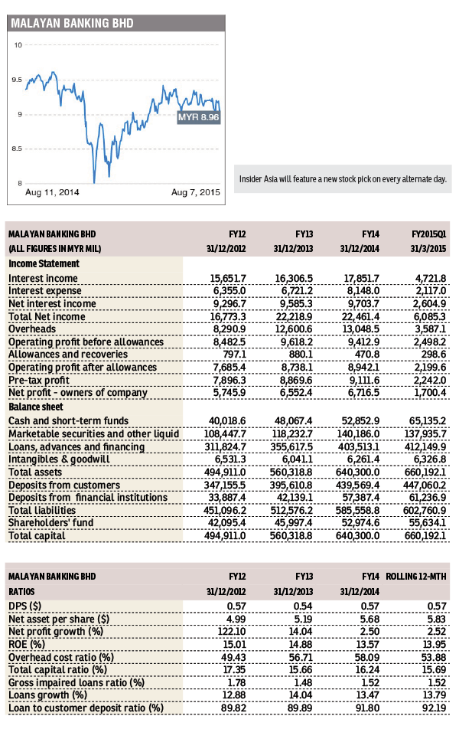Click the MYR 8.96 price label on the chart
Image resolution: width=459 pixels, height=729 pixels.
tap(198, 117)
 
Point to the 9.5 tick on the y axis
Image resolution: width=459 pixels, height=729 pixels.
tap(16, 80)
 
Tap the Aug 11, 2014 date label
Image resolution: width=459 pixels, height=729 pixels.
tap(52, 191)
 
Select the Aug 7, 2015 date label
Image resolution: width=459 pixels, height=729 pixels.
tap(194, 191)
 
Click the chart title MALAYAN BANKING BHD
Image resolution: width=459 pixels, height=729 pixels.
tap(72, 24)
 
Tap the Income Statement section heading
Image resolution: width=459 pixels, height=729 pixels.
tap(44, 263)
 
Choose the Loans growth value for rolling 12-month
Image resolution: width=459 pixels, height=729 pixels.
tap(429, 695)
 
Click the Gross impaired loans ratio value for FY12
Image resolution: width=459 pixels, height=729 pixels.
tap(233, 682)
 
